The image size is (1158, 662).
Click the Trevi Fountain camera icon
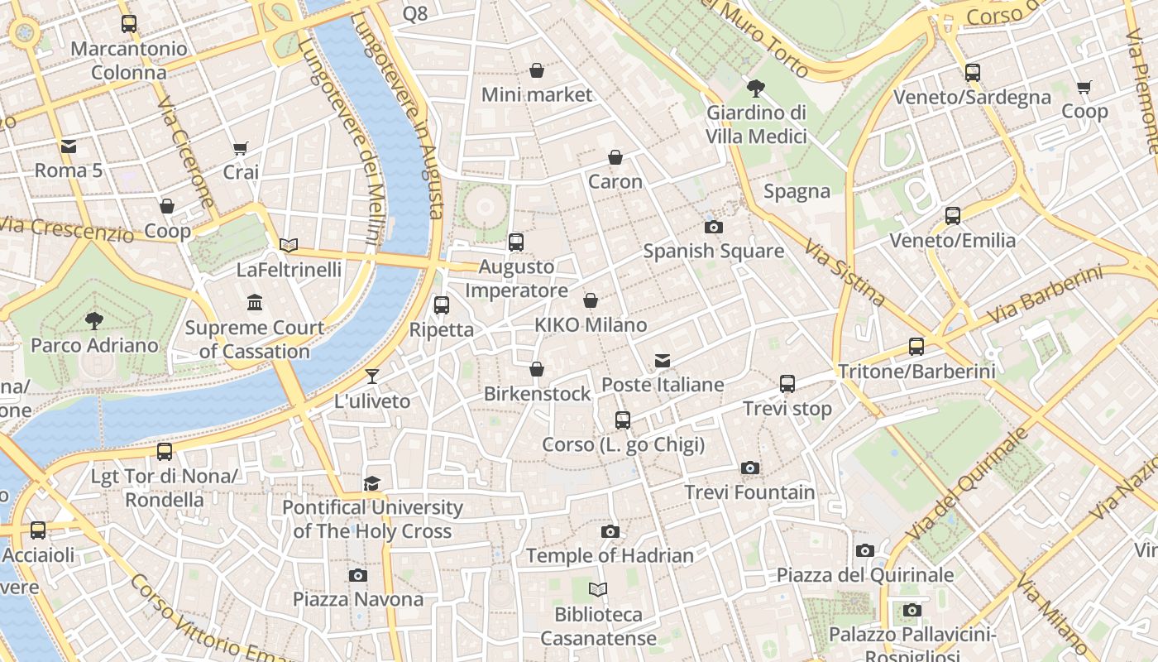pyautogui.click(x=749, y=468)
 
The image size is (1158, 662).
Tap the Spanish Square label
pyautogui.click(x=713, y=251)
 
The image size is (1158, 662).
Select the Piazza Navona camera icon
pyautogui.click(x=358, y=575)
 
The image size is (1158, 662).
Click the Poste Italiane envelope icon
pyautogui.click(x=663, y=361)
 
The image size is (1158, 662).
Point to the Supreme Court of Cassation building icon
pyautogui.click(x=255, y=303)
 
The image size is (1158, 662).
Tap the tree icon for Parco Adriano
pyautogui.click(x=94, y=320)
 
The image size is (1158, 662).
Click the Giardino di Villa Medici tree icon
pyautogui.click(x=755, y=88)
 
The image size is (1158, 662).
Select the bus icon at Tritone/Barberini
pyautogui.click(x=916, y=347)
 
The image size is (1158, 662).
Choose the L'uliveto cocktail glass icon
pyautogui.click(x=372, y=377)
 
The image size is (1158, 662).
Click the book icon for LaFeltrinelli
pyautogui.click(x=289, y=246)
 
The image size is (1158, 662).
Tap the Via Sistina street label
pyautogui.click(x=845, y=273)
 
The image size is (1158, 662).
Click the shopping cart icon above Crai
pyautogui.click(x=241, y=148)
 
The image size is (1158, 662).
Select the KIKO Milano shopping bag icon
pyautogui.click(x=591, y=300)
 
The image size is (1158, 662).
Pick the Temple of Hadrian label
pyautogui.click(x=610, y=555)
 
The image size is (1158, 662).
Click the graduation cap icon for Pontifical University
pyautogui.click(x=372, y=483)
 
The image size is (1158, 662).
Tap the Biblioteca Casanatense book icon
pyautogui.click(x=598, y=589)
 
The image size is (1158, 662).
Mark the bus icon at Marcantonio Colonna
pyautogui.click(x=128, y=24)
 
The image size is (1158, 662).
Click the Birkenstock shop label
pyautogui.click(x=537, y=393)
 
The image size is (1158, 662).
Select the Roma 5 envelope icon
pyautogui.click(x=68, y=146)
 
